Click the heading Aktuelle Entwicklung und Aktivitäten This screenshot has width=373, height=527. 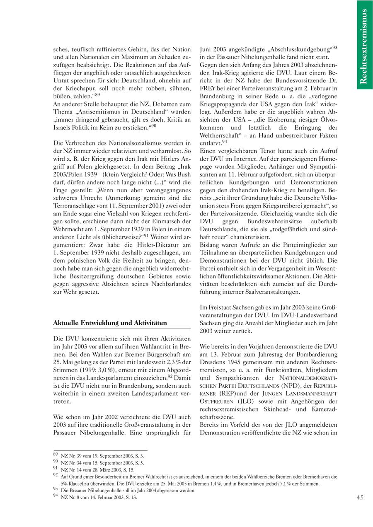(x=110, y=323)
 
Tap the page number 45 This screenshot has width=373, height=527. (x=360, y=498)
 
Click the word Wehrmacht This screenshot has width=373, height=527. (x=69, y=222)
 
